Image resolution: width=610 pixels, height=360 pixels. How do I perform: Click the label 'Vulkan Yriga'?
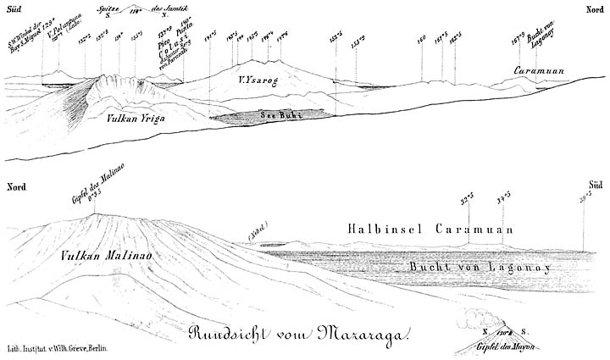pyautogui.click(x=136, y=120)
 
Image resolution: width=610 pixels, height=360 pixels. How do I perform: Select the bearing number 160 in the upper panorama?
pyautogui.click(x=420, y=40)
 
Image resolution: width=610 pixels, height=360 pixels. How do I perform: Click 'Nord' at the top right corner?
pyautogui.click(x=594, y=8)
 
